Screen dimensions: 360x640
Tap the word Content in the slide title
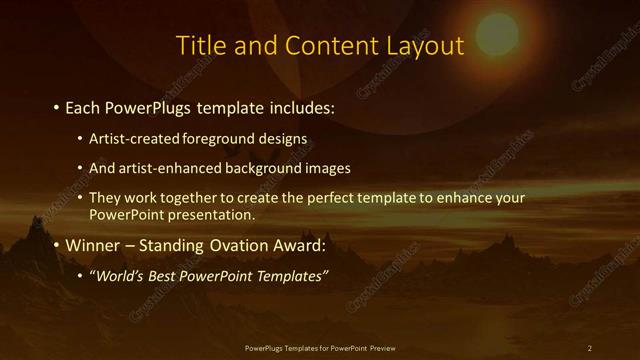click(328, 46)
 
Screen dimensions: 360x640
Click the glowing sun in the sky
click(497, 33)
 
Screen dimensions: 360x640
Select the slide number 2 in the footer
click(590, 348)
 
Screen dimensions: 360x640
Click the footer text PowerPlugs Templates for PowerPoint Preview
click(320, 348)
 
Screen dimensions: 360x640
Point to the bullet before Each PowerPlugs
click(55, 106)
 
